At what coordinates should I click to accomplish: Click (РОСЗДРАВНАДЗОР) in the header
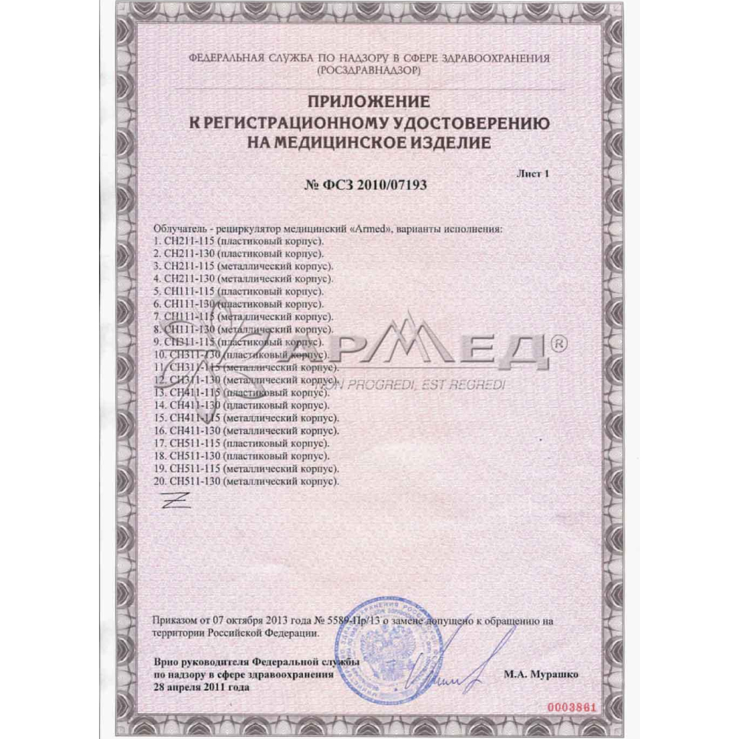[369, 69]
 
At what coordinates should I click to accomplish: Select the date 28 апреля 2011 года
[202, 686]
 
